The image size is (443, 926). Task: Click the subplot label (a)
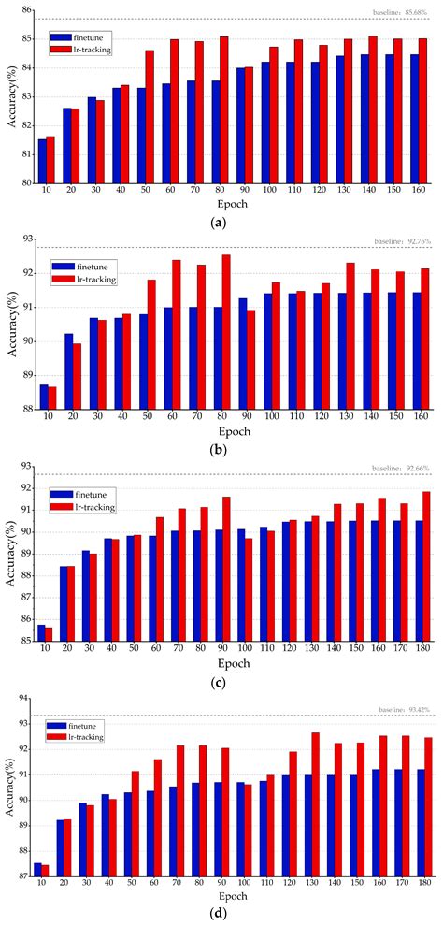coord(221,223)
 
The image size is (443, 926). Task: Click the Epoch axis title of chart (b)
coord(236,432)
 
